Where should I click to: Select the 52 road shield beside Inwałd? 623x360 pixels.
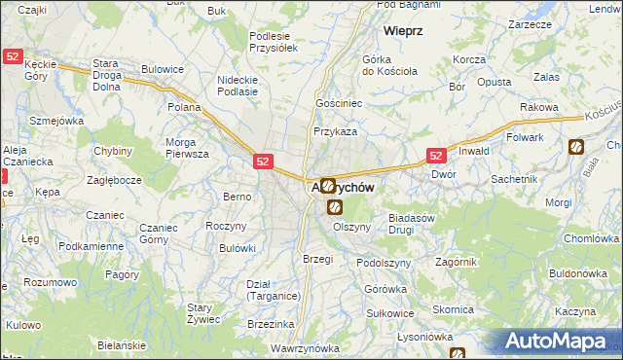[436, 156]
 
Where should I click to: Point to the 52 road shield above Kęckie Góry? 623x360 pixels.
[12, 58]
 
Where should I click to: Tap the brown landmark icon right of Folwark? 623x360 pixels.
[575, 147]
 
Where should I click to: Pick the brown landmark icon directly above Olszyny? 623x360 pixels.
[335, 207]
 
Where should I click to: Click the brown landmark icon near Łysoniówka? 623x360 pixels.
[458, 354]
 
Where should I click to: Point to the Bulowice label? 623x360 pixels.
[163, 69]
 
